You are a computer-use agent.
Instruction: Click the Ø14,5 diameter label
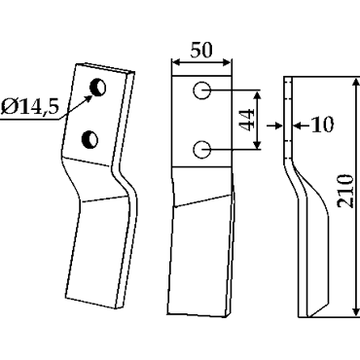coord(30,106)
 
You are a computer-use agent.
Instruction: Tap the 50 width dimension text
coord(201,51)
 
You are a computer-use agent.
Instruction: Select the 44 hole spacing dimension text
coord(247,120)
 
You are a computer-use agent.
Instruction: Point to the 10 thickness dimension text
coord(322,125)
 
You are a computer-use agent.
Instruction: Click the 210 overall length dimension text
coord(344,192)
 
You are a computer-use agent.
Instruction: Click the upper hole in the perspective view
coord(98,87)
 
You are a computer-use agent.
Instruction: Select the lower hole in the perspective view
coord(90,139)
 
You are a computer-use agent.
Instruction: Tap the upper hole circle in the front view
coord(201,90)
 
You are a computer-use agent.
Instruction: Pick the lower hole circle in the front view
coord(202,150)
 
